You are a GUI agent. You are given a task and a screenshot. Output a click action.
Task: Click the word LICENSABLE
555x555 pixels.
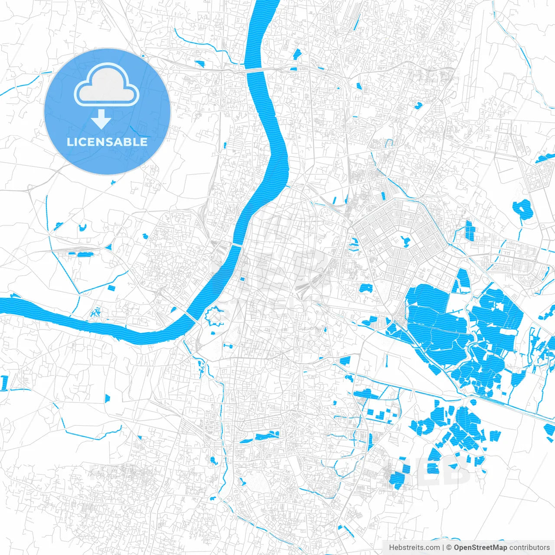[x=107, y=142]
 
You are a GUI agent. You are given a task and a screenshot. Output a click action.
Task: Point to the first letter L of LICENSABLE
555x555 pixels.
[x=69, y=142]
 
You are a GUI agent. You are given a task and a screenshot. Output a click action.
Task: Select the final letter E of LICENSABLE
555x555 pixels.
[x=144, y=142]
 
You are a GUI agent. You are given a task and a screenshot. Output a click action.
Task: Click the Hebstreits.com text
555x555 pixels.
[x=414, y=548]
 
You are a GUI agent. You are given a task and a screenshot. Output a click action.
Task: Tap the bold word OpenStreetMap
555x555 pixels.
[x=480, y=548]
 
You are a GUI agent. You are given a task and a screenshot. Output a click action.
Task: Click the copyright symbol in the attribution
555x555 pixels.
[x=449, y=548]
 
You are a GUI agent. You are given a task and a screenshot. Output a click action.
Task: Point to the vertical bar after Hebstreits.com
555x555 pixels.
[x=443, y=548]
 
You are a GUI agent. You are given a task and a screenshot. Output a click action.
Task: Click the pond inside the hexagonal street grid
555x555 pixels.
[x=406, y=240]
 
